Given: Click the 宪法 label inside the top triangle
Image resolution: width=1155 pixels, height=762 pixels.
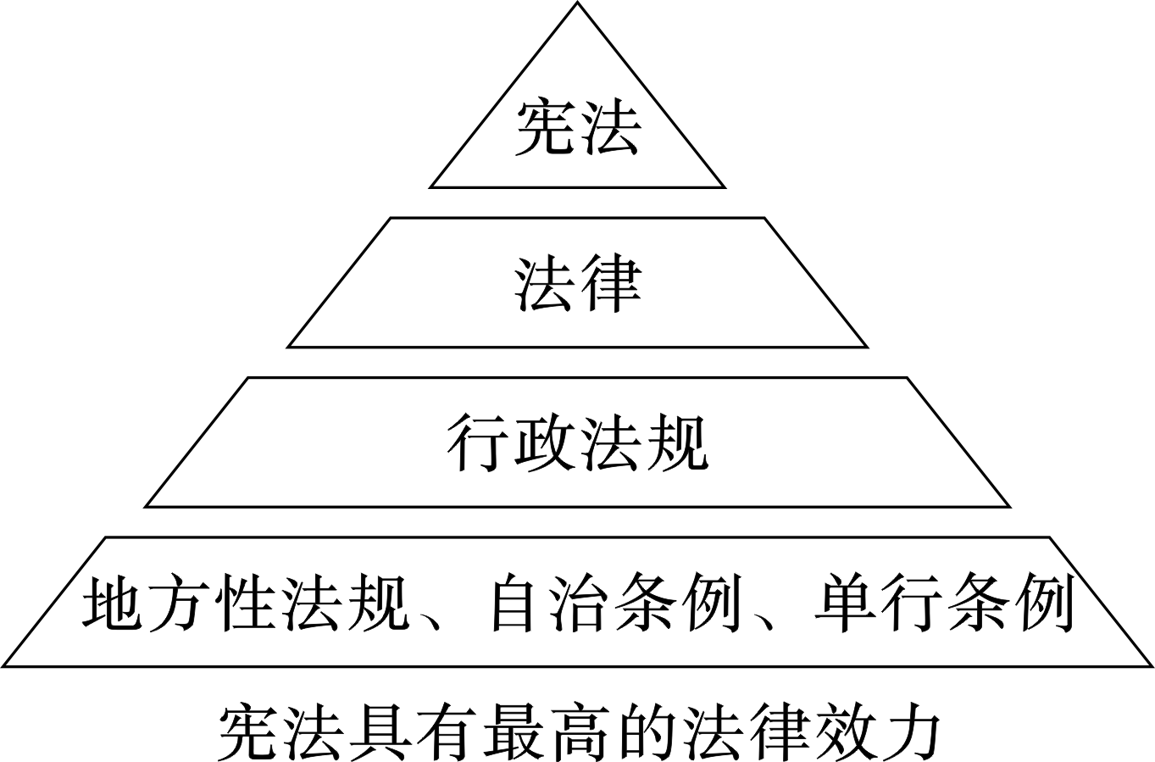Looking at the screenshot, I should pos(577,128).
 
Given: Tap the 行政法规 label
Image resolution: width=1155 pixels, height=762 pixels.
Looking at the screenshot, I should pos(577,442).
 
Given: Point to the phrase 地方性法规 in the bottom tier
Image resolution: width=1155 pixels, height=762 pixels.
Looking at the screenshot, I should pos(246,603).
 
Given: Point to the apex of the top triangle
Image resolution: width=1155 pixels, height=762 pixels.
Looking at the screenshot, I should pos(577,3).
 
